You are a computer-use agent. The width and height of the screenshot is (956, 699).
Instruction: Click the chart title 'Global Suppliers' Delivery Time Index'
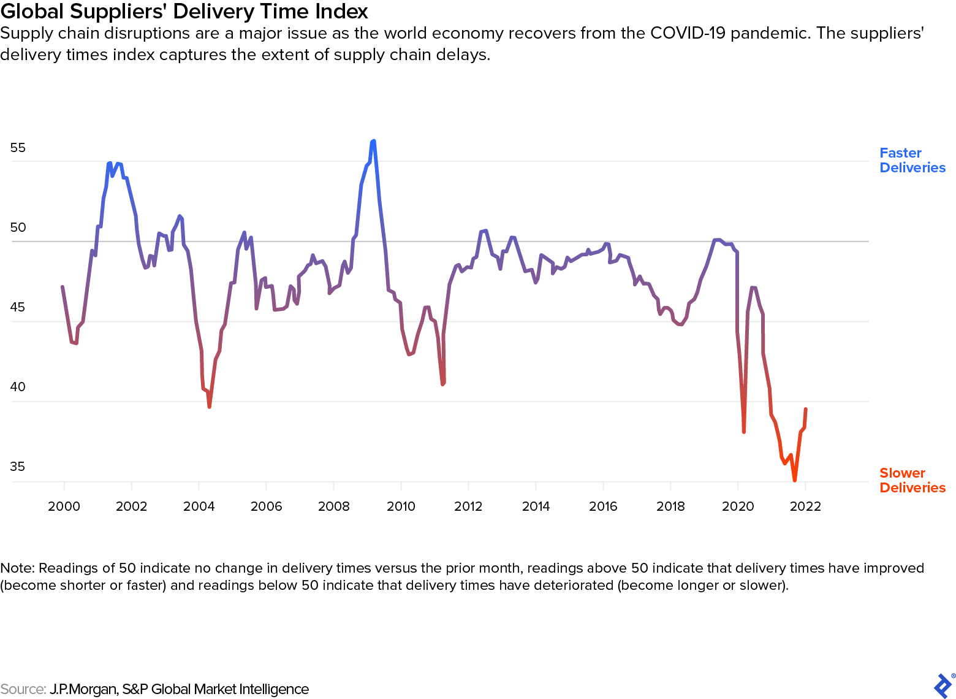tap(184, 11)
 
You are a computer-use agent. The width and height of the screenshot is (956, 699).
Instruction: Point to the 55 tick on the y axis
tap(18, 148)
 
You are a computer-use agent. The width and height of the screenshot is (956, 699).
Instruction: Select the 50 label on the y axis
tap(18, 227)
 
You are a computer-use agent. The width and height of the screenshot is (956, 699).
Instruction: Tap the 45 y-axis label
tap(18, 307)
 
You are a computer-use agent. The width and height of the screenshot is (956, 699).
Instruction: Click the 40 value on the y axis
tap(18, 387)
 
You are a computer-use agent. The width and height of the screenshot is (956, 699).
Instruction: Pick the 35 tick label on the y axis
tap(18, 467)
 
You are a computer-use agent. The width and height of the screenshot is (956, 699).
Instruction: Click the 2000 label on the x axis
tap(64, 506)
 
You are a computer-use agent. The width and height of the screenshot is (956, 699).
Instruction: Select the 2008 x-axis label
tap(333, 506)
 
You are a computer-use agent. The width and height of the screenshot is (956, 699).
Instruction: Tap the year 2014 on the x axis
tap(536, 506)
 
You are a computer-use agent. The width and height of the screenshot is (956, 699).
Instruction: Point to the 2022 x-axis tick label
tap(805, 506)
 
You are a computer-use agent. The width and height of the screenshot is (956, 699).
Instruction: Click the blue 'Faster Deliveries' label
tap(912, 161)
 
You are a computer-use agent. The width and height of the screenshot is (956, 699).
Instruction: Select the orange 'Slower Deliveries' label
tap(912, 481)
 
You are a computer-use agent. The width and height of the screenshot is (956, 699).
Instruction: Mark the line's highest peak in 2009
tap(373, 141)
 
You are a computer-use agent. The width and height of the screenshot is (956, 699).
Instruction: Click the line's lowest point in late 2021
tap(795, 481)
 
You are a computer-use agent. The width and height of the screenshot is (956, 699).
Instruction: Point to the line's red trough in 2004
tap(209, 407)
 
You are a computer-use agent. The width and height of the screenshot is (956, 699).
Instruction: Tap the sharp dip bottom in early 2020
tap(744, 432)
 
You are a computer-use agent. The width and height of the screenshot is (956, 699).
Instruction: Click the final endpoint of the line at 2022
tap(805, 409)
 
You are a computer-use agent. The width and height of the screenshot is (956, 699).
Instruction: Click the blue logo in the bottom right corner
tap(943, 686)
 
